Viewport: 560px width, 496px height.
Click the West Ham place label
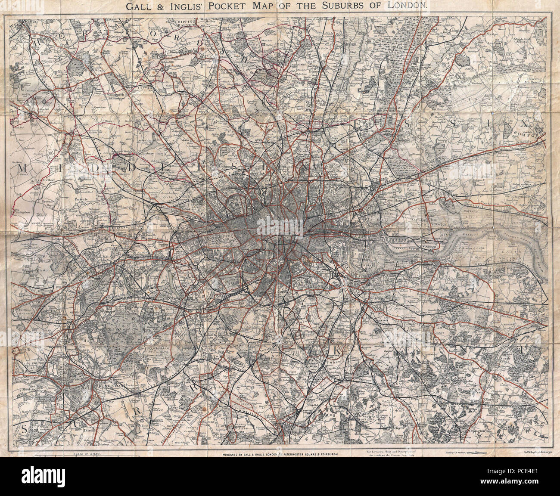(393, 201)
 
